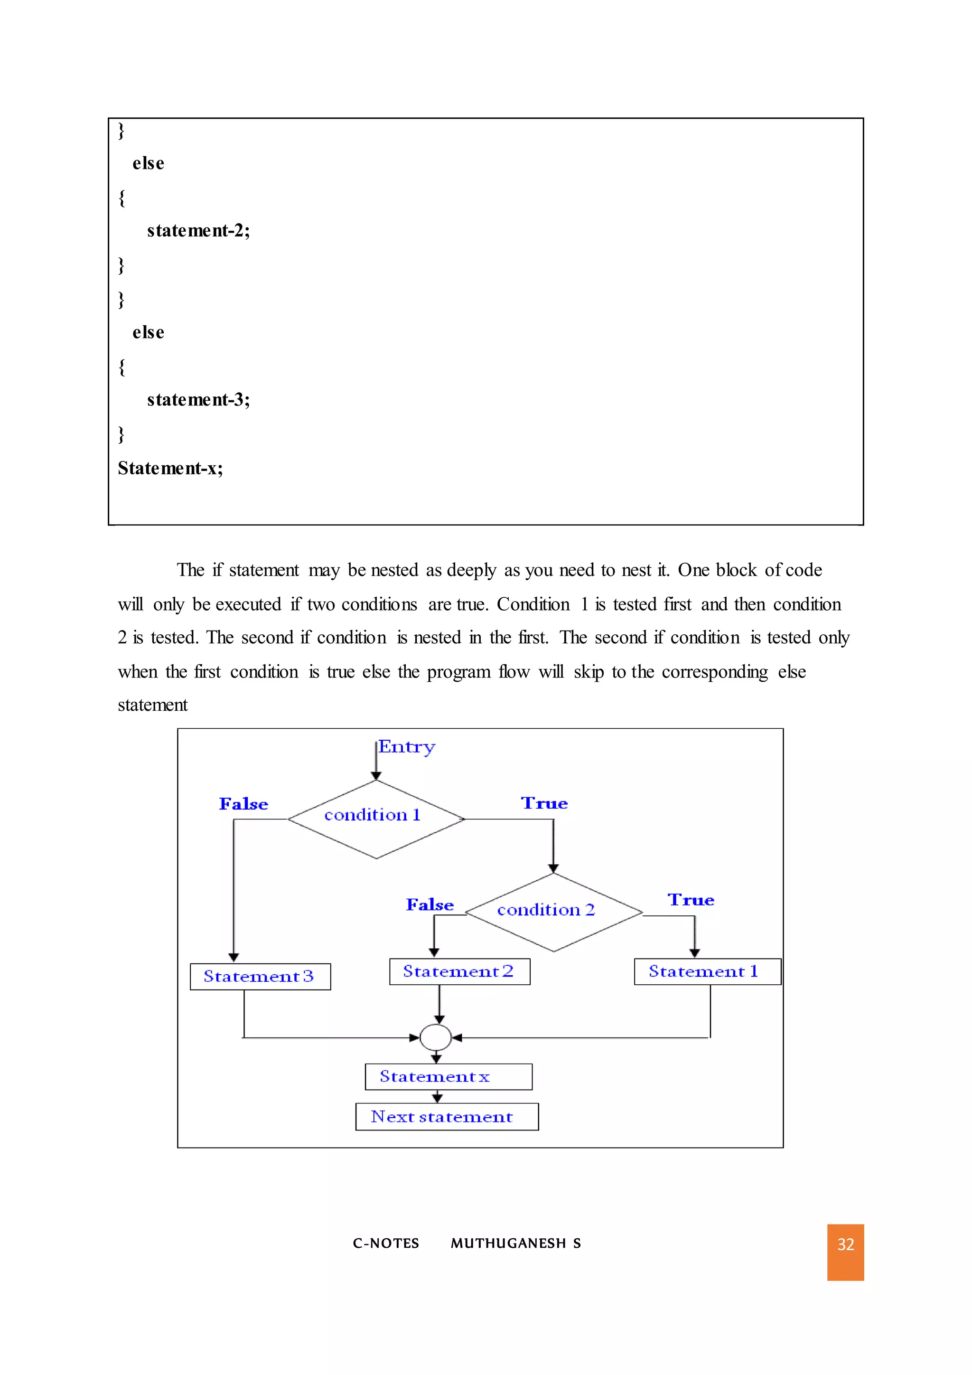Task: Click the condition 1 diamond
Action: [376, 819]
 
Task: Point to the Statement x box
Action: [449, 1077]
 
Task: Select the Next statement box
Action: [447, 1117]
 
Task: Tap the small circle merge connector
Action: [435, 1037]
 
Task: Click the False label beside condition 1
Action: [243, 804]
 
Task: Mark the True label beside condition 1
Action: [543, 803]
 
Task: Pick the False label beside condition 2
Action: [429, 904]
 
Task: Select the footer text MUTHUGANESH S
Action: [515, 1243]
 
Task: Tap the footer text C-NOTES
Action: [385, 1243]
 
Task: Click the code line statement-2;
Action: [198, 231]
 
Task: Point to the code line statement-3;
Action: [198, 399]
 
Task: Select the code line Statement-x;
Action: [170, 468]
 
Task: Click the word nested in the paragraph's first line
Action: [394, 570]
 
